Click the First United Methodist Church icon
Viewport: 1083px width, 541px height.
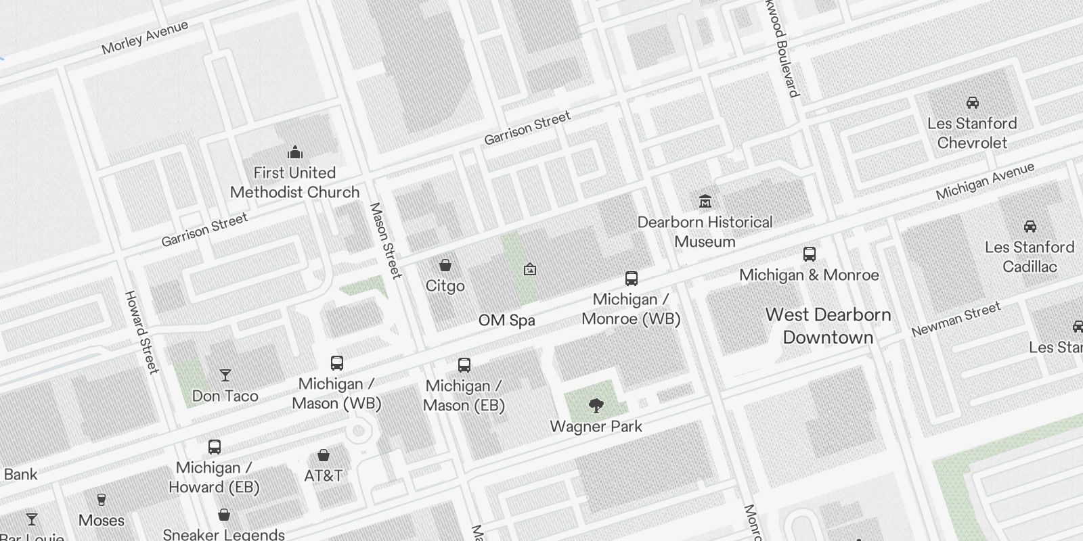point(294,152)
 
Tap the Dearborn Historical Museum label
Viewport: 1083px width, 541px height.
point(705,232)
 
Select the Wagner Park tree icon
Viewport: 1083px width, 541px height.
point(596,406)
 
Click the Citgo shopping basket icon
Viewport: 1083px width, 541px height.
point(445,265)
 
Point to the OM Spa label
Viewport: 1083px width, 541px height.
point(506,321)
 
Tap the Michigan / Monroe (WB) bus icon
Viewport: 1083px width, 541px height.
point(631,279)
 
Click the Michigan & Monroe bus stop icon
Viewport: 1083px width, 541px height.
point(809,255)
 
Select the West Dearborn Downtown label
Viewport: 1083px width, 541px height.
point(828,326)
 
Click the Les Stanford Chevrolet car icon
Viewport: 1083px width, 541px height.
point(972,103)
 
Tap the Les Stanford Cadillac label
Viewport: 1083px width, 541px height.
point(1030,257)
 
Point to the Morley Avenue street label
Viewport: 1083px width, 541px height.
point(144,38)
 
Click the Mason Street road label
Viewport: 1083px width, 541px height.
point(385,240)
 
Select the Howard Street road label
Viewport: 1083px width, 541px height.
point(141,332)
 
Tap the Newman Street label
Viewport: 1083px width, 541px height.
point(955,320)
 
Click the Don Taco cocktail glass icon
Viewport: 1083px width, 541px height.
point(225,375)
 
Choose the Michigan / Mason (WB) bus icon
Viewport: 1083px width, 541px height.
point(337,363)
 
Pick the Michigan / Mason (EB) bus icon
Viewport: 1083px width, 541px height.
point(464,365)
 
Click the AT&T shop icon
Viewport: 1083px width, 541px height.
point(324,455)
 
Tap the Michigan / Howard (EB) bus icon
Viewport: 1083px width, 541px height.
point(214,447)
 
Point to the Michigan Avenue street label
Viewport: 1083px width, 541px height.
point(985,181)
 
